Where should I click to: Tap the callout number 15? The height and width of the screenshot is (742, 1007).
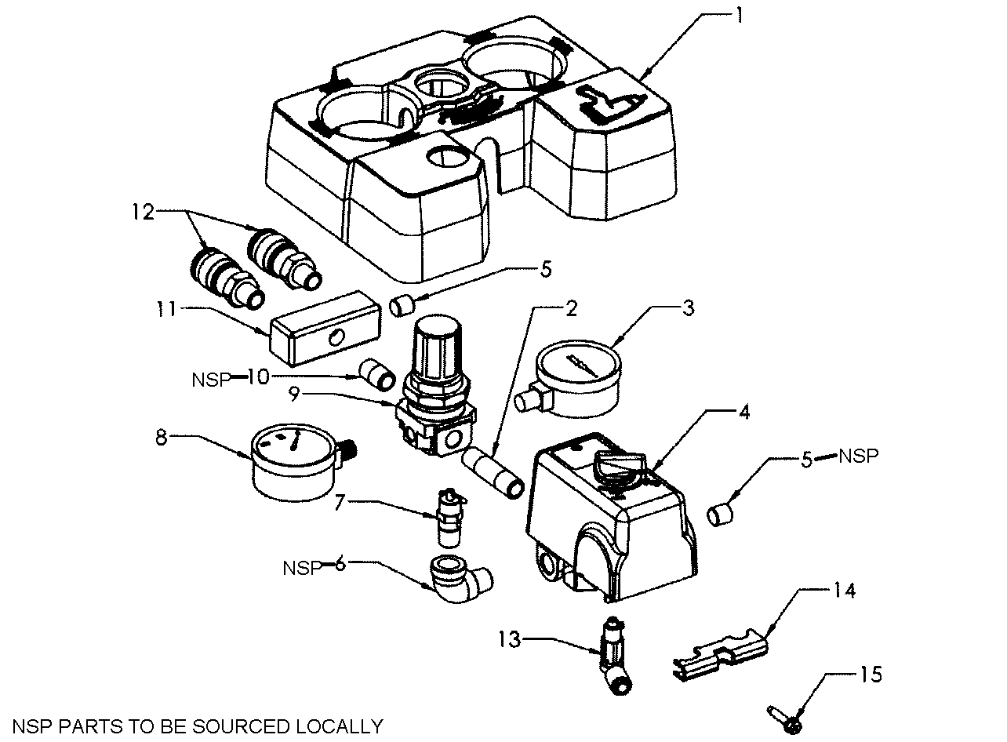871,674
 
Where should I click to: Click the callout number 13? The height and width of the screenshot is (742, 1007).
511,640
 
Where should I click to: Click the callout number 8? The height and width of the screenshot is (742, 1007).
162,437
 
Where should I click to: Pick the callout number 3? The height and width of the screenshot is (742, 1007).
688,308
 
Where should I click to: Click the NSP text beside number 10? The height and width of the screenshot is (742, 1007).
209,380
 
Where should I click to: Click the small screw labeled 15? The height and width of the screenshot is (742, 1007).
787,716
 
